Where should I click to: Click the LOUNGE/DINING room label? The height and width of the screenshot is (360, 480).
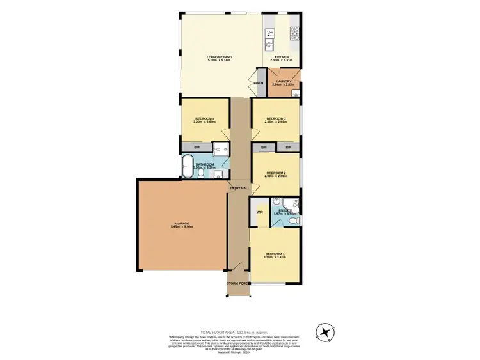tap(219, 58)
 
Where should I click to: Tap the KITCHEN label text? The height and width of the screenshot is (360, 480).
tap(282, 58)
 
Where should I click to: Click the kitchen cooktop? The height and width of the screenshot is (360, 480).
tap(295, 33)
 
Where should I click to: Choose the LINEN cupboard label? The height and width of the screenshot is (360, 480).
tap(258, 84)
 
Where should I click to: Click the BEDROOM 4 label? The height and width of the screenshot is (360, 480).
tap(204, 119)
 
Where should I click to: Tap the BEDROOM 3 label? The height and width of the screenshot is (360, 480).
tap(275, 119)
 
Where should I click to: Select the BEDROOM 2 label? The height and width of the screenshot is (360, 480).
tap(275, 173)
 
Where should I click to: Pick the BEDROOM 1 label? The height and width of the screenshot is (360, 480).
tap(275, 254)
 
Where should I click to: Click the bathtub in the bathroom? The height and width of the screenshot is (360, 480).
tap(188, 166)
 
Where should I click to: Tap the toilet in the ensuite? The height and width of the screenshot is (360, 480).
tap(293, 221)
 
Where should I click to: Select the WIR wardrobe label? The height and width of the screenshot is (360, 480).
tap(260, 211)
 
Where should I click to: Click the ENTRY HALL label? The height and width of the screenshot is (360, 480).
tap(239, 187)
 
